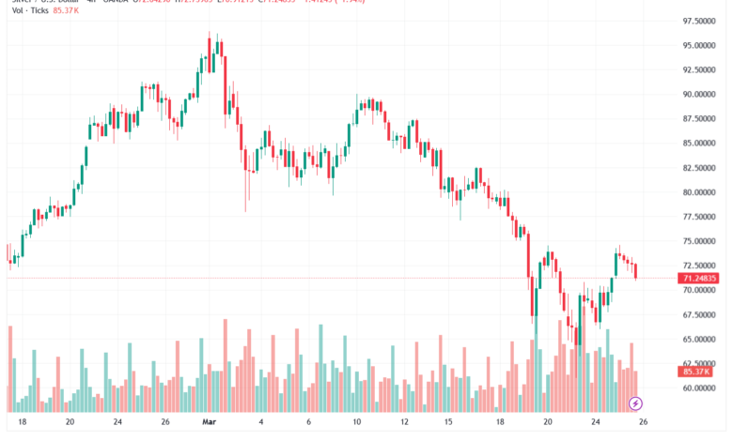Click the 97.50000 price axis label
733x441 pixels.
(701, 21)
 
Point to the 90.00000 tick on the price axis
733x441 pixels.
(701, 94)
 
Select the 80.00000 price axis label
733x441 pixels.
(701, 192)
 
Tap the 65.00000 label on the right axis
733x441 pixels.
(701, 339)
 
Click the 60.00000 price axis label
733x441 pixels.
(701, 388)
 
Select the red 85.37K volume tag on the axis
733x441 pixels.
(699, 373)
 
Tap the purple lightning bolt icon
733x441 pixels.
(636, 403)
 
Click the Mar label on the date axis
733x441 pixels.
(209, 423)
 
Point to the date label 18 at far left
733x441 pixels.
(22, 423)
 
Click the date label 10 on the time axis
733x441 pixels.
(356, 423)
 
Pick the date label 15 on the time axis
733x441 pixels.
(449, 423)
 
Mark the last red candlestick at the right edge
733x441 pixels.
(636, 271)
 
